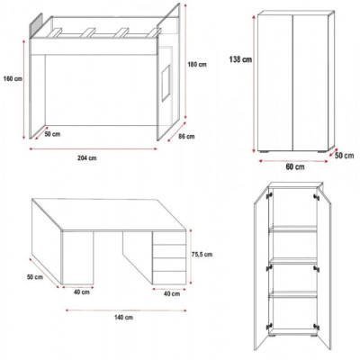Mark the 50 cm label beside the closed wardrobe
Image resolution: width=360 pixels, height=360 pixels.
pyautogui.click(x=343, y=155)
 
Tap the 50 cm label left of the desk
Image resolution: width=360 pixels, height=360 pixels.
pyautogui.click(x=35, y=277)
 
